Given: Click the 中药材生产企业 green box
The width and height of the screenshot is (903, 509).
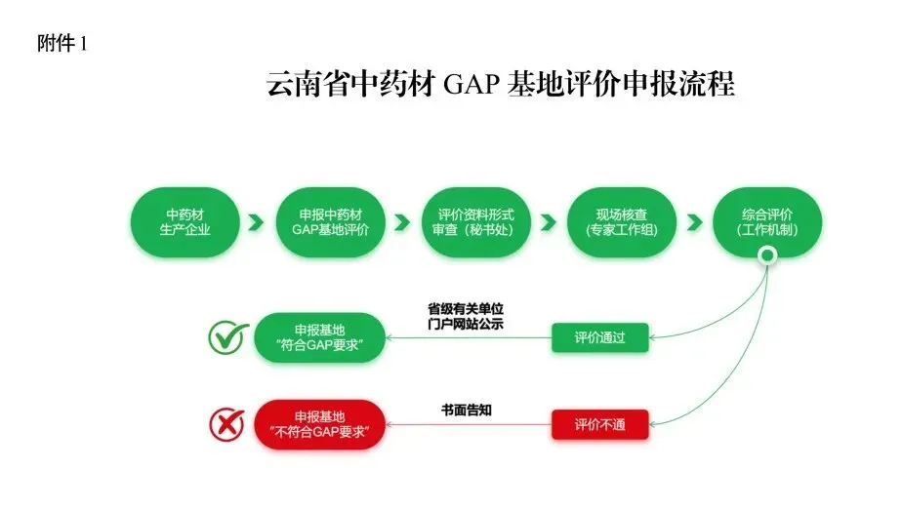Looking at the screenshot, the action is click(185, 222).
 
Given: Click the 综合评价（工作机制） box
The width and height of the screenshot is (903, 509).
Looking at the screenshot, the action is click(767, 222).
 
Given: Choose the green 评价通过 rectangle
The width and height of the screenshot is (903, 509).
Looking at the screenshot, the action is click(599, 337).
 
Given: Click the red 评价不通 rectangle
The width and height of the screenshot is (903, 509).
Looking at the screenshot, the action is click(599, 424).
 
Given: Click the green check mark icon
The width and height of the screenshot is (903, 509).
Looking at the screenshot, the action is click(228, 337).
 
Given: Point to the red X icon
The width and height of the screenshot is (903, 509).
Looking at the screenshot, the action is click(227, 424).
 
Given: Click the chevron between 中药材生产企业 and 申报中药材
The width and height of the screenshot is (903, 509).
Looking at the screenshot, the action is click(256, 222).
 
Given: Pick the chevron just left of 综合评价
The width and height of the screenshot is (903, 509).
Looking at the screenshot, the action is click(695, 222).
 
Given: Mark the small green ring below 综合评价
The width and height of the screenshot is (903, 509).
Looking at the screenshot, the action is click(768, 257).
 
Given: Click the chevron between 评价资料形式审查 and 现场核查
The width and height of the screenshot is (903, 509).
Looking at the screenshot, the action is click(547, 222).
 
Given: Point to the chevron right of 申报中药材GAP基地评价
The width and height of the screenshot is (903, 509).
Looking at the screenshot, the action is click(400, 222).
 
